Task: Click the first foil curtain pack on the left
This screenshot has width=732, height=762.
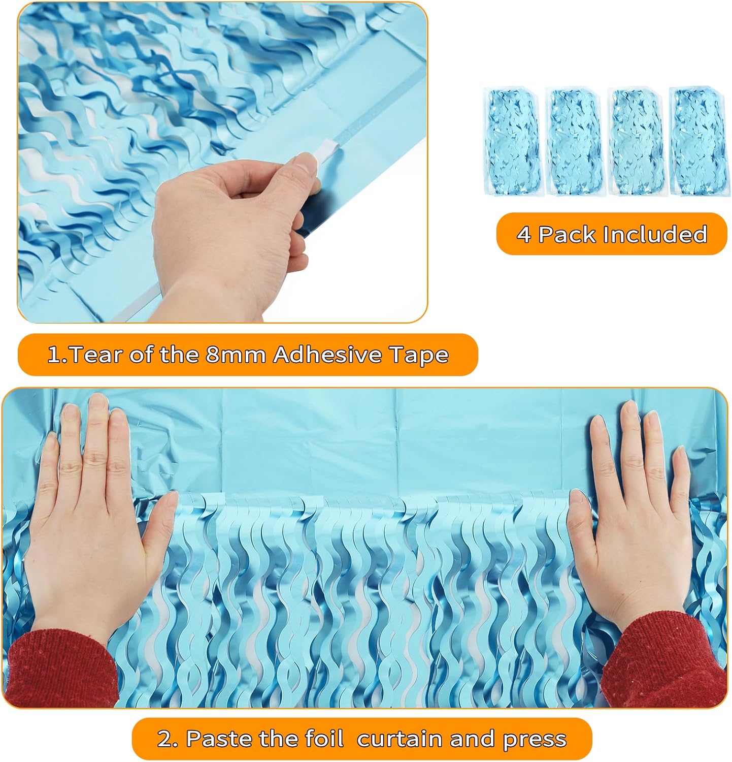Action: click(512, 141)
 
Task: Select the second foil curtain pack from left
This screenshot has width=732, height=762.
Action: click(574, 141)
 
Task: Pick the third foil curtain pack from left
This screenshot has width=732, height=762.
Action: click(637, 141)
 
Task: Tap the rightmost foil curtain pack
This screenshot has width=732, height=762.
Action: click(698, 141)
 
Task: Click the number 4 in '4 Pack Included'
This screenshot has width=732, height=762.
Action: click(523, 235)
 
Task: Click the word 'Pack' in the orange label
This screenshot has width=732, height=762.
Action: click(567, 235)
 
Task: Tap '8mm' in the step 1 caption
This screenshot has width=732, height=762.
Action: click(235, 355)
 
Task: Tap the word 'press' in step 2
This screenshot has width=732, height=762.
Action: click(534, 740)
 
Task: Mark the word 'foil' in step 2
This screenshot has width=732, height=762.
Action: click(325, 739)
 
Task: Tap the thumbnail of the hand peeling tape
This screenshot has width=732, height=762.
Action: click(222, 162)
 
